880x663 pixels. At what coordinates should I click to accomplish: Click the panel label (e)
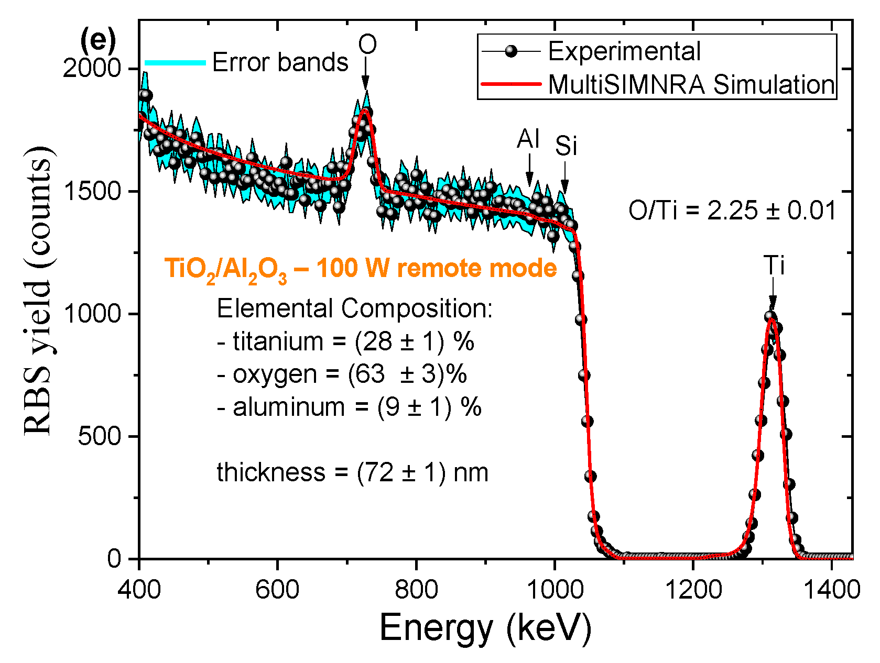[x=98, y=40]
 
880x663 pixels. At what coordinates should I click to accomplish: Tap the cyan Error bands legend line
[x=175, y=62]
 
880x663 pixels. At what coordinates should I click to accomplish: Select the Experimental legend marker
[x=511, y=51]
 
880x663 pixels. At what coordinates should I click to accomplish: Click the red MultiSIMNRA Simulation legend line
[x=511, y=84]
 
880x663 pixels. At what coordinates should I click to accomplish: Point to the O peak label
[x=367, y=45]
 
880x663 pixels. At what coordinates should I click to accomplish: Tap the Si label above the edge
[x=566, y=146]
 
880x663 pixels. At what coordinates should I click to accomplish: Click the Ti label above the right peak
[x=774, y=266]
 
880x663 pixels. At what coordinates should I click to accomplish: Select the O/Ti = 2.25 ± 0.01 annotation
[x=732, y=211]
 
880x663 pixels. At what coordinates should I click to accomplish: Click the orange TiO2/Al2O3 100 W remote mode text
[x=361, y=269]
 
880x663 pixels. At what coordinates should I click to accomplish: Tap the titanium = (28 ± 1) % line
[x=345, y=342]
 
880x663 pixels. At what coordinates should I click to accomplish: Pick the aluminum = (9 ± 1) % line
[x=349, y=407]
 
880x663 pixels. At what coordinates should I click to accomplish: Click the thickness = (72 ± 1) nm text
[x=352, y=472]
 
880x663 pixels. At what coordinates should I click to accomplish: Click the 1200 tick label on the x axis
[x=693, y=590]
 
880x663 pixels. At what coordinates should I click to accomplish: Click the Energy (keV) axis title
[x=485, y=627]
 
